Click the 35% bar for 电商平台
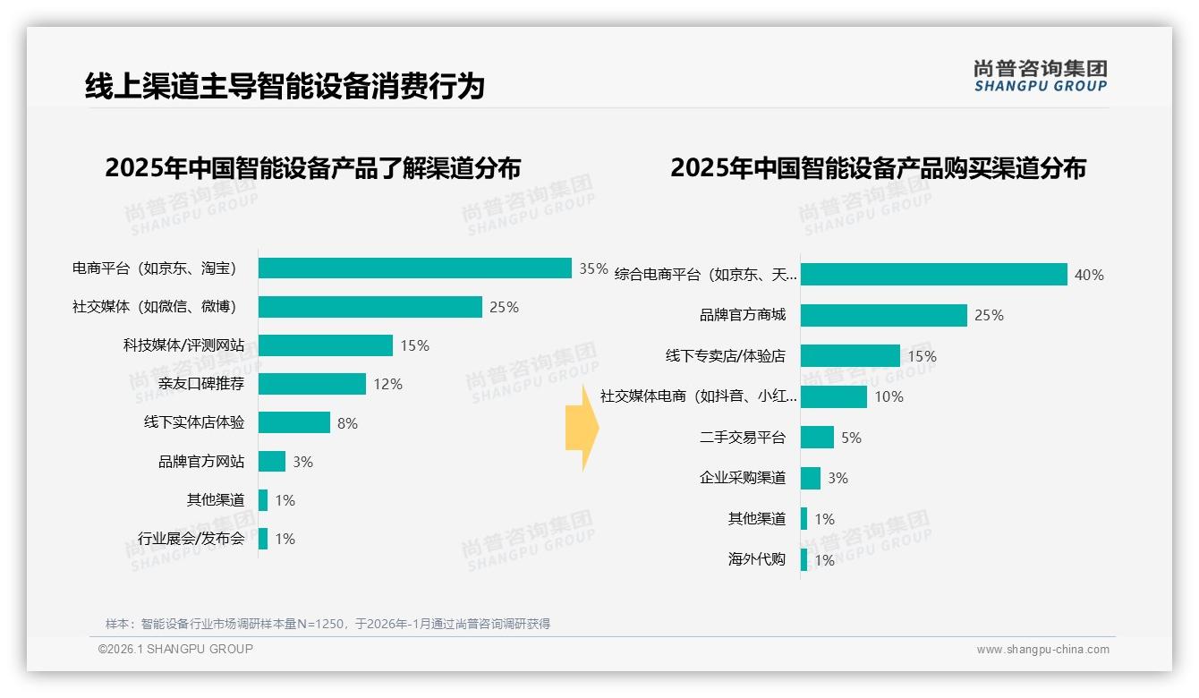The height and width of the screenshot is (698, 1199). (414, 268)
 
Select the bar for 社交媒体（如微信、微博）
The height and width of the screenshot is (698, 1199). (370, 307)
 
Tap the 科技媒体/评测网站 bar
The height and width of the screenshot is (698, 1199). (325, 345)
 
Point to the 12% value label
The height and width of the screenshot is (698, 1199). (387, 384)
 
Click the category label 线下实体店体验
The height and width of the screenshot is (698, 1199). (194, 422)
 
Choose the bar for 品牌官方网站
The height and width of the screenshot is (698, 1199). (272, 461)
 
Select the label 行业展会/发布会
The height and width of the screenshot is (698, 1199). (191, 539)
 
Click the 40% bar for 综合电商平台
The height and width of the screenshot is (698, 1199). (933, 275)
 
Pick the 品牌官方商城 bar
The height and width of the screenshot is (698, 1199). (883, 315)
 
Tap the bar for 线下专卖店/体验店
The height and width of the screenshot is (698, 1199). (850, 356)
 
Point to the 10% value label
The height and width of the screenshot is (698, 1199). (889, 396)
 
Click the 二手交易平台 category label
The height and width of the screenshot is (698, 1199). (743, 438)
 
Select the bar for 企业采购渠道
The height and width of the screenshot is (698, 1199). (810, 478)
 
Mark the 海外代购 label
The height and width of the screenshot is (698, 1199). (757, 560)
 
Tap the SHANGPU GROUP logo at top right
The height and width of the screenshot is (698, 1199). (1040, 76)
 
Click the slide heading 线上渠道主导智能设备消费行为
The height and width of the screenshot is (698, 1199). (285, 87)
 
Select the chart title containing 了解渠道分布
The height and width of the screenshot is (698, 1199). (312, 168)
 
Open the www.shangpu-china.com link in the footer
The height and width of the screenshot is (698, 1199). (1042, 650)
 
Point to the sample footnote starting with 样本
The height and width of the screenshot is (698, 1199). (327, 624)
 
